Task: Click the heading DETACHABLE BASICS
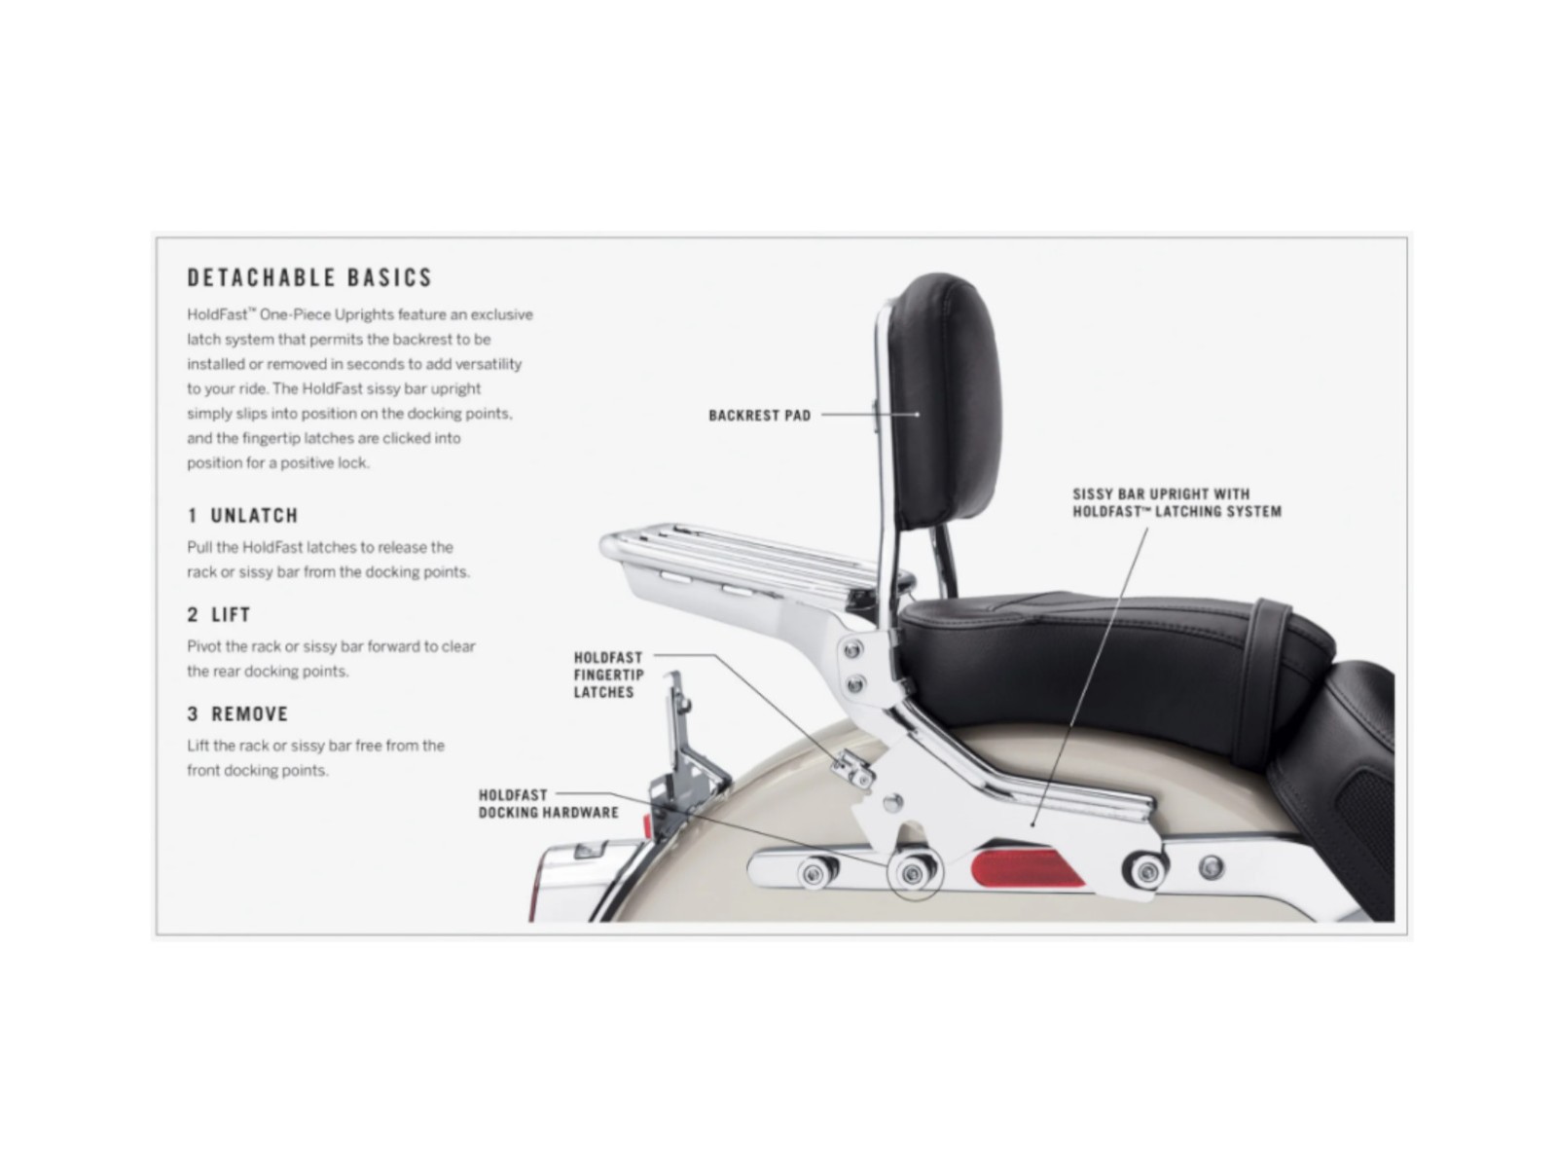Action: pos(309,277)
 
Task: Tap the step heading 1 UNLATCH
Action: pos(242,516)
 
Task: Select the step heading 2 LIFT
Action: pos(219,615)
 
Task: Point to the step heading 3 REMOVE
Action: pos(237,714)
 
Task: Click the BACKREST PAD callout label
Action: pos(759,416)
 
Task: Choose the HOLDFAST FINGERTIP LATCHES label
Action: pos(608,675)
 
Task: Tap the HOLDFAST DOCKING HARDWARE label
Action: pos(548,804)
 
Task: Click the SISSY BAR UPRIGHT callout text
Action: pos(1177,502)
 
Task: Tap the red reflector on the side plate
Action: pos(1028,866)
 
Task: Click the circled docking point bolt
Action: pos(912,874)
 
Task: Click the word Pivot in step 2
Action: pos(204,646)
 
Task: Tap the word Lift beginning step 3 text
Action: pos(199,746)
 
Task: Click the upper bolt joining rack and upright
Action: pos(853,649)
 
